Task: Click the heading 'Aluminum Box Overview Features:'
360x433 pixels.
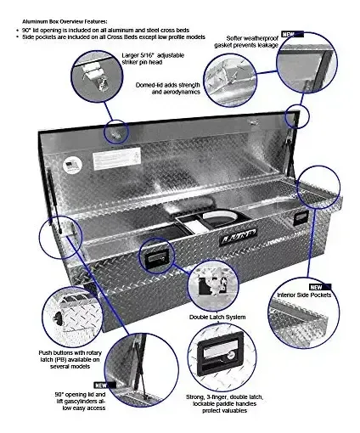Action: [65, 21]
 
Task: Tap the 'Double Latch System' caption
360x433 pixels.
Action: [217, 317]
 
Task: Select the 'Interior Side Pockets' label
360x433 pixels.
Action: [304, 295]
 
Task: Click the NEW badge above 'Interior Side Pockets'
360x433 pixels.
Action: [320, 287]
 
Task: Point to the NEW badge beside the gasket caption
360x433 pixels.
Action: [292, 34]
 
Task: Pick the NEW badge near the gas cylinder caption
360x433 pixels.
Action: [104, 385]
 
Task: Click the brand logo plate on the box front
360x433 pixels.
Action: [238, 234]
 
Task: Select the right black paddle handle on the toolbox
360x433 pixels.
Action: [301, 218]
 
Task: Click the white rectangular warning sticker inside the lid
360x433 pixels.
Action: [117, 158]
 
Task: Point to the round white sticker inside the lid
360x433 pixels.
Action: [72, 165]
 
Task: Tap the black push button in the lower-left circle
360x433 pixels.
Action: [58, 318]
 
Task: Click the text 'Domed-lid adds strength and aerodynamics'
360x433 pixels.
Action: [167, 88]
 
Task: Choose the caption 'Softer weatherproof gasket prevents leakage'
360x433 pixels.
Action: [246, 42]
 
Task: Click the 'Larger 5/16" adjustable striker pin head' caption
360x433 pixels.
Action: [153, 59]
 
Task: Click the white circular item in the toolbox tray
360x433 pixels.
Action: [219, 216]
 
